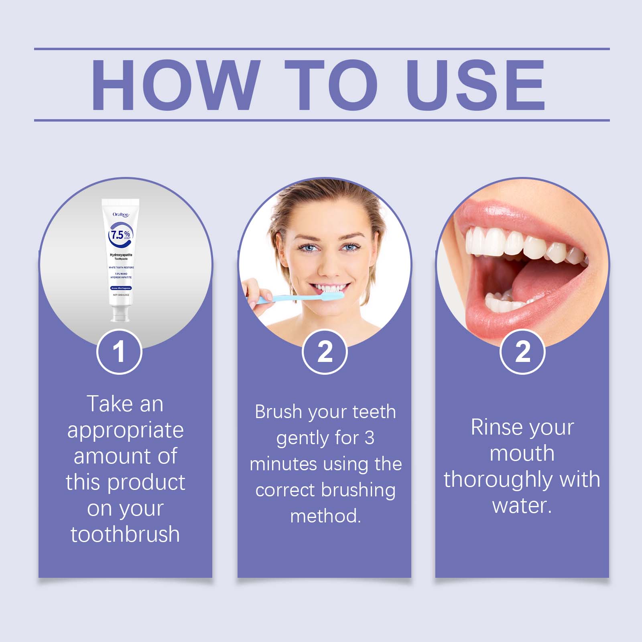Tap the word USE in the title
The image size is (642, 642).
pos(476,85)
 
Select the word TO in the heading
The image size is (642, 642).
pos(331,85)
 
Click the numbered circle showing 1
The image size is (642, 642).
pos(119,352)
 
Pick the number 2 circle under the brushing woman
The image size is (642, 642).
pos(325,352)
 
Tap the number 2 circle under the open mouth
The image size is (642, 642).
pos(522,352)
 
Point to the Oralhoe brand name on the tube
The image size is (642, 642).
pos(121,215)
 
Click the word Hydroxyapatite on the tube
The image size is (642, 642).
pos(121,255)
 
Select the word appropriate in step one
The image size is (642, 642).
pos(125,430)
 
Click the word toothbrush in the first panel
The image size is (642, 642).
pos(125,534)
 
